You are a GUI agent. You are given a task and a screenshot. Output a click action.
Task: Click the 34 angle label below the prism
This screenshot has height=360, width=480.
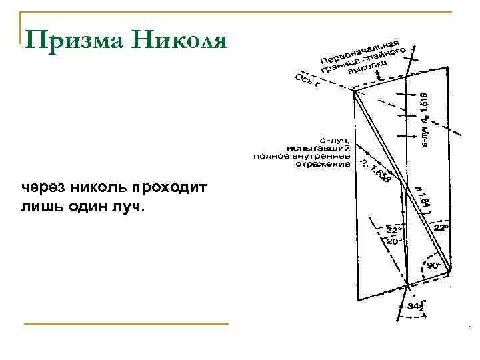click(x=413, y=307)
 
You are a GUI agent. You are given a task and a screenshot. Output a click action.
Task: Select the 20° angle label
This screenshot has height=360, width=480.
click(x=394, y=242)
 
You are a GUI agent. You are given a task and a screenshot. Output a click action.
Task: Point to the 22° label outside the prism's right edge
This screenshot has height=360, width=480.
click(x=441, y=227)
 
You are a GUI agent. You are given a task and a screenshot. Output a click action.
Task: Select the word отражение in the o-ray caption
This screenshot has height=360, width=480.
click(x=325, y=164)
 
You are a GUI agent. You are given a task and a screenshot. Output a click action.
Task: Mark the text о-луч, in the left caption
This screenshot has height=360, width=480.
click(x=337, y=141)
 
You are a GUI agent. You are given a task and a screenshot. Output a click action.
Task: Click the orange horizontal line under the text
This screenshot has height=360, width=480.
click(x=126, y=324)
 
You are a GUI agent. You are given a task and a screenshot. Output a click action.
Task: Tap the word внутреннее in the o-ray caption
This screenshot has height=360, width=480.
click(x=327, y=156)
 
